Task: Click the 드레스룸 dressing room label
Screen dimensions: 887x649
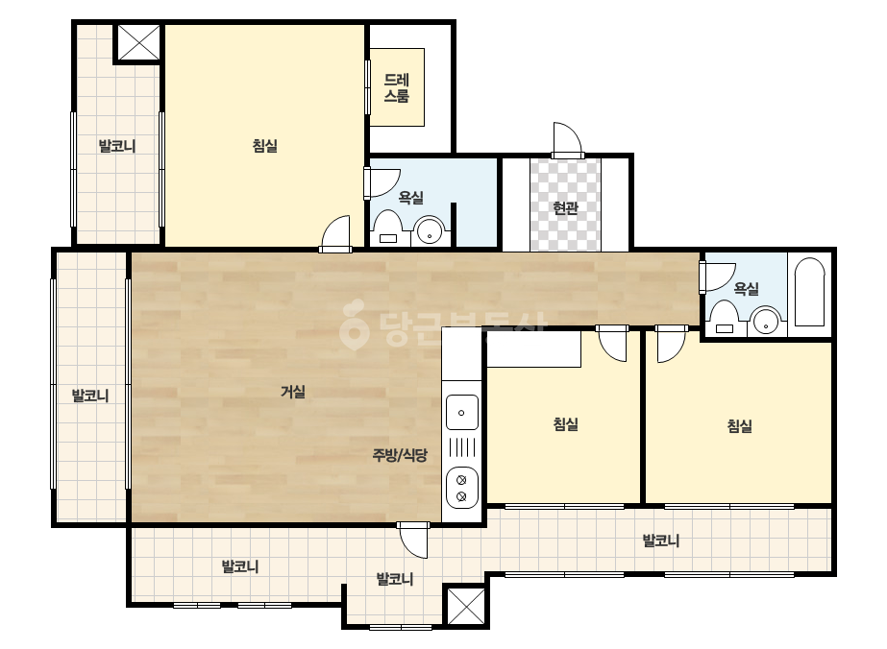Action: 397,87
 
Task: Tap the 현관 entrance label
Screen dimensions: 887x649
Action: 565,208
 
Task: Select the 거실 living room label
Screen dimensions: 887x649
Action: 293,391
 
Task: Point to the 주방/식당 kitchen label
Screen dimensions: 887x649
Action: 400,454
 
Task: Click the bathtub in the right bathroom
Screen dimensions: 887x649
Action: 809,292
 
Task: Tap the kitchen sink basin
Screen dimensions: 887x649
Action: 462,413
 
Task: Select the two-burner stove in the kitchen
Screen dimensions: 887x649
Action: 462,488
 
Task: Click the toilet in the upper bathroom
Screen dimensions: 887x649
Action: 388,228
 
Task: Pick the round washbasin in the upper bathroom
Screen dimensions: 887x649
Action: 430,231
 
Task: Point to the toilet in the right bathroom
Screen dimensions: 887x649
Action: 724,318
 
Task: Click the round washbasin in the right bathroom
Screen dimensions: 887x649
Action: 765,322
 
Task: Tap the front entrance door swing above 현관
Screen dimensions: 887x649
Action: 567,140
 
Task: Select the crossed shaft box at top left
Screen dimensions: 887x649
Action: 139,42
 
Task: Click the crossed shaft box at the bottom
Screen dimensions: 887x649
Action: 466,606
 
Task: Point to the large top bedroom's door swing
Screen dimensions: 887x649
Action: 335,233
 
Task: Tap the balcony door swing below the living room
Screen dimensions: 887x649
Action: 412,540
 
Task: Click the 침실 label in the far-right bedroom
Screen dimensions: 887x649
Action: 739,425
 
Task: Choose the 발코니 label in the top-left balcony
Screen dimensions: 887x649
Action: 117,146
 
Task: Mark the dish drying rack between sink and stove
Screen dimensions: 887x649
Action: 462,447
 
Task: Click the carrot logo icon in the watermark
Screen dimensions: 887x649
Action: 354,324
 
